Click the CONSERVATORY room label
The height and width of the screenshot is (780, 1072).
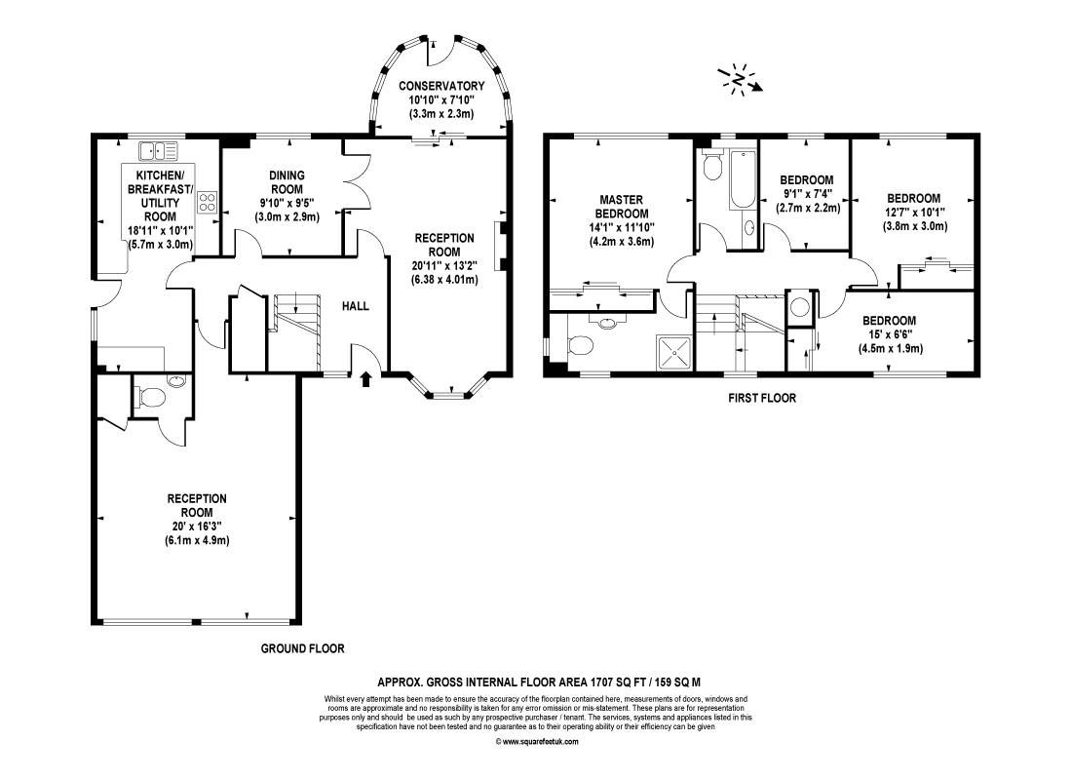tap(441, 86)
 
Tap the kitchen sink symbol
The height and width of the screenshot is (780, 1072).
tap(158, 150)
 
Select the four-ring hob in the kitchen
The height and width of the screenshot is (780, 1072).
tap(208, 202)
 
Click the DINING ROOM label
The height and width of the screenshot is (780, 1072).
tap(287, 182)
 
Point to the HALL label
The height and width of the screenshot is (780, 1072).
tap(356, 306)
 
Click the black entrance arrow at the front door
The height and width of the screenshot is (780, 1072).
tap(365, 378)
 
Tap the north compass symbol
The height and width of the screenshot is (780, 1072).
tap(740, 80)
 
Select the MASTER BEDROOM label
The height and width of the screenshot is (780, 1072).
tap(622, 207)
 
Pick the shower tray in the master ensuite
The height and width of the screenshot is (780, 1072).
tap(675, 353)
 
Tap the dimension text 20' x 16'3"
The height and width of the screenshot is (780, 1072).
tap(197, 526)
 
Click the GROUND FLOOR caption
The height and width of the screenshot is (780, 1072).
tap(303, 648)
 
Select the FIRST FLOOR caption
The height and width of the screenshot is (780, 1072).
tap(762, 398)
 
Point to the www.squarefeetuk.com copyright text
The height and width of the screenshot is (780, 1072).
tap(537, 742)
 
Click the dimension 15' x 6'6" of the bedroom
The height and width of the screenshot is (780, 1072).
tap(890, 334)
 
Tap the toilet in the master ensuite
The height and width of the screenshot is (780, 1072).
tap(579, 345)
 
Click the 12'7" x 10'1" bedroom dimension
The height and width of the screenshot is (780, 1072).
tap(915, 213)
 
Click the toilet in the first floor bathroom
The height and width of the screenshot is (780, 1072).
tap(712, 165)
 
